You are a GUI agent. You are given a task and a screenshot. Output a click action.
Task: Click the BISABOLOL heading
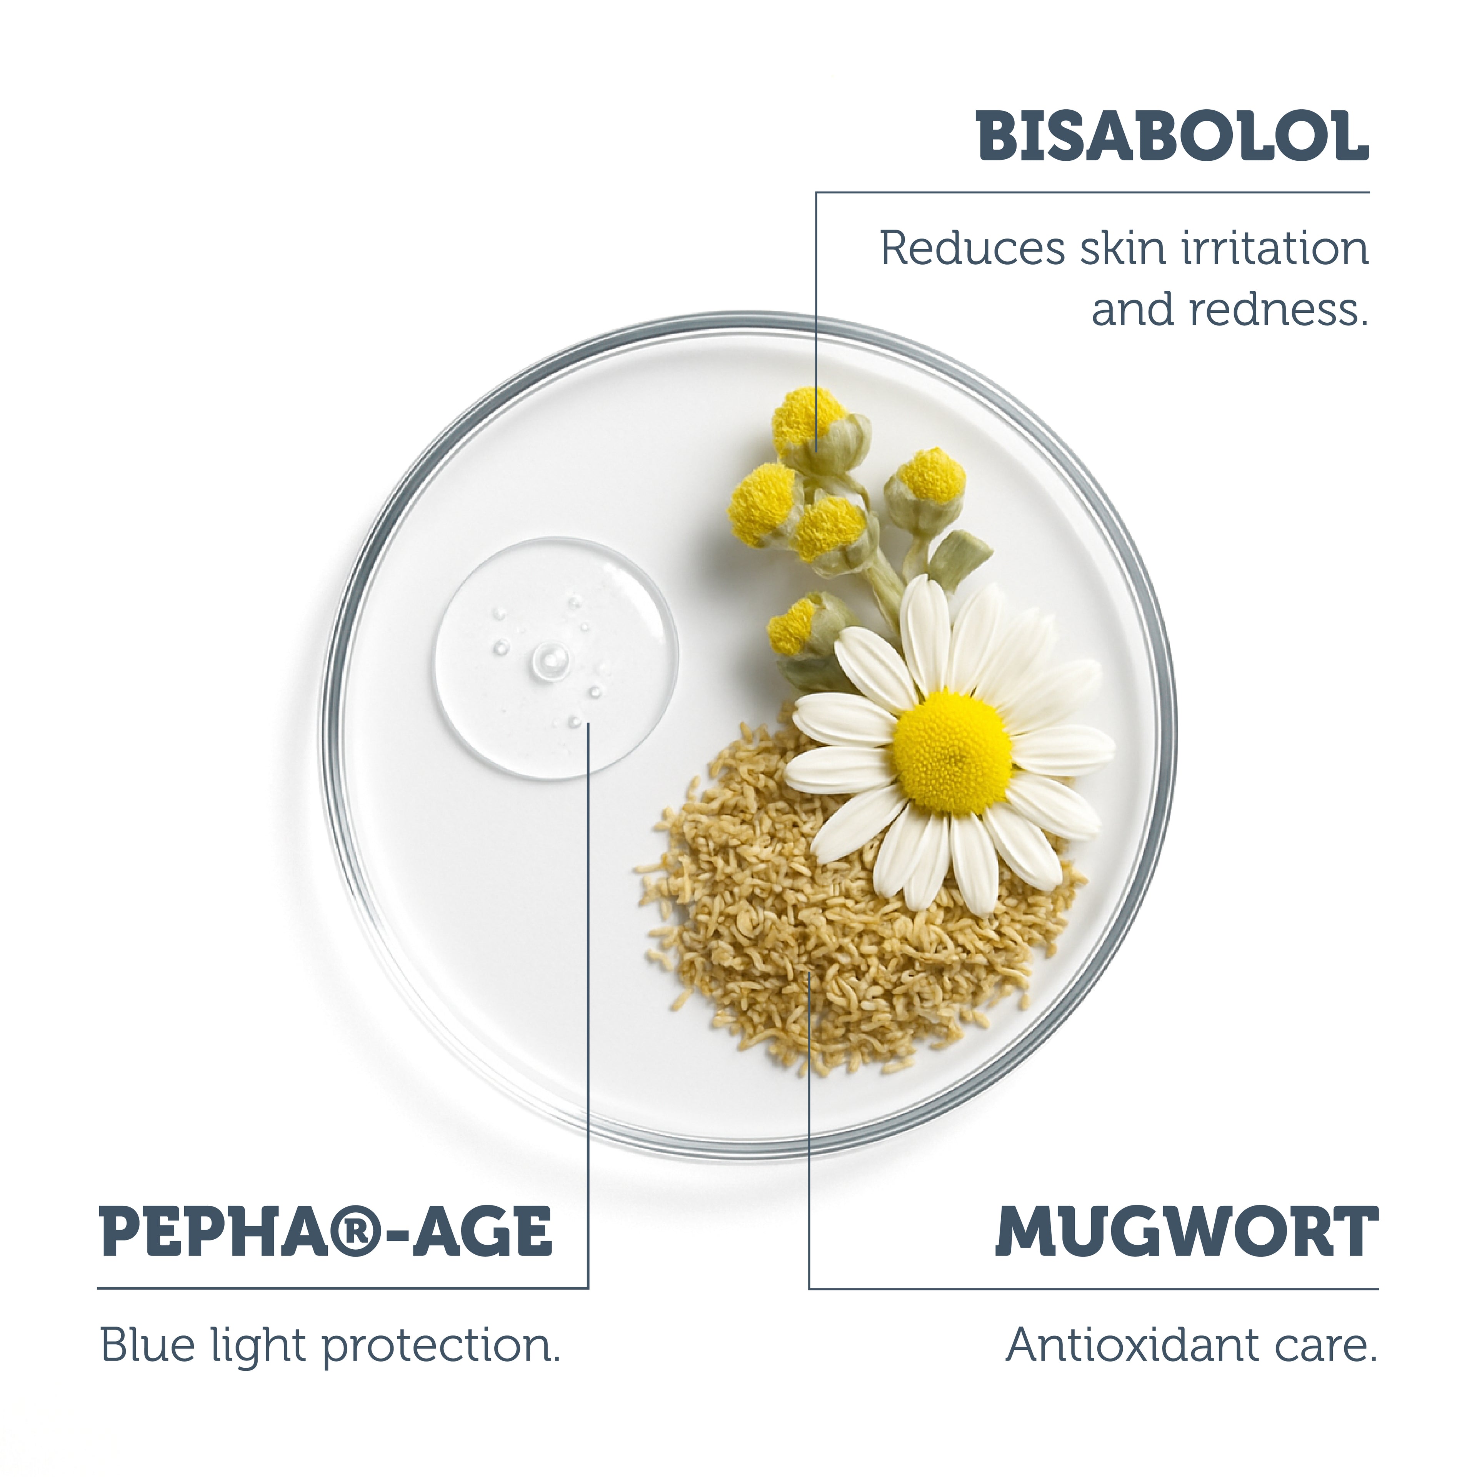[x=1172, y=136]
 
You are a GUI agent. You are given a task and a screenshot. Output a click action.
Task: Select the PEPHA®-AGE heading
[x=327, y=1233]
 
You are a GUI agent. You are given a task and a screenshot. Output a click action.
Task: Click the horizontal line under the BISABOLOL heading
[x=1093, y=192]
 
